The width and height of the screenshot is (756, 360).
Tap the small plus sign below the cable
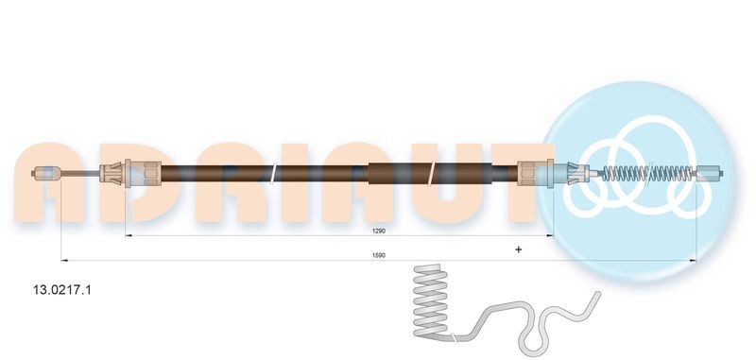coord(517,249)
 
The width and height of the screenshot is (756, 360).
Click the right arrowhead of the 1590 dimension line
coord(694,259)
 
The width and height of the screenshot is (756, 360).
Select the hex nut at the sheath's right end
coord(533,173)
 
